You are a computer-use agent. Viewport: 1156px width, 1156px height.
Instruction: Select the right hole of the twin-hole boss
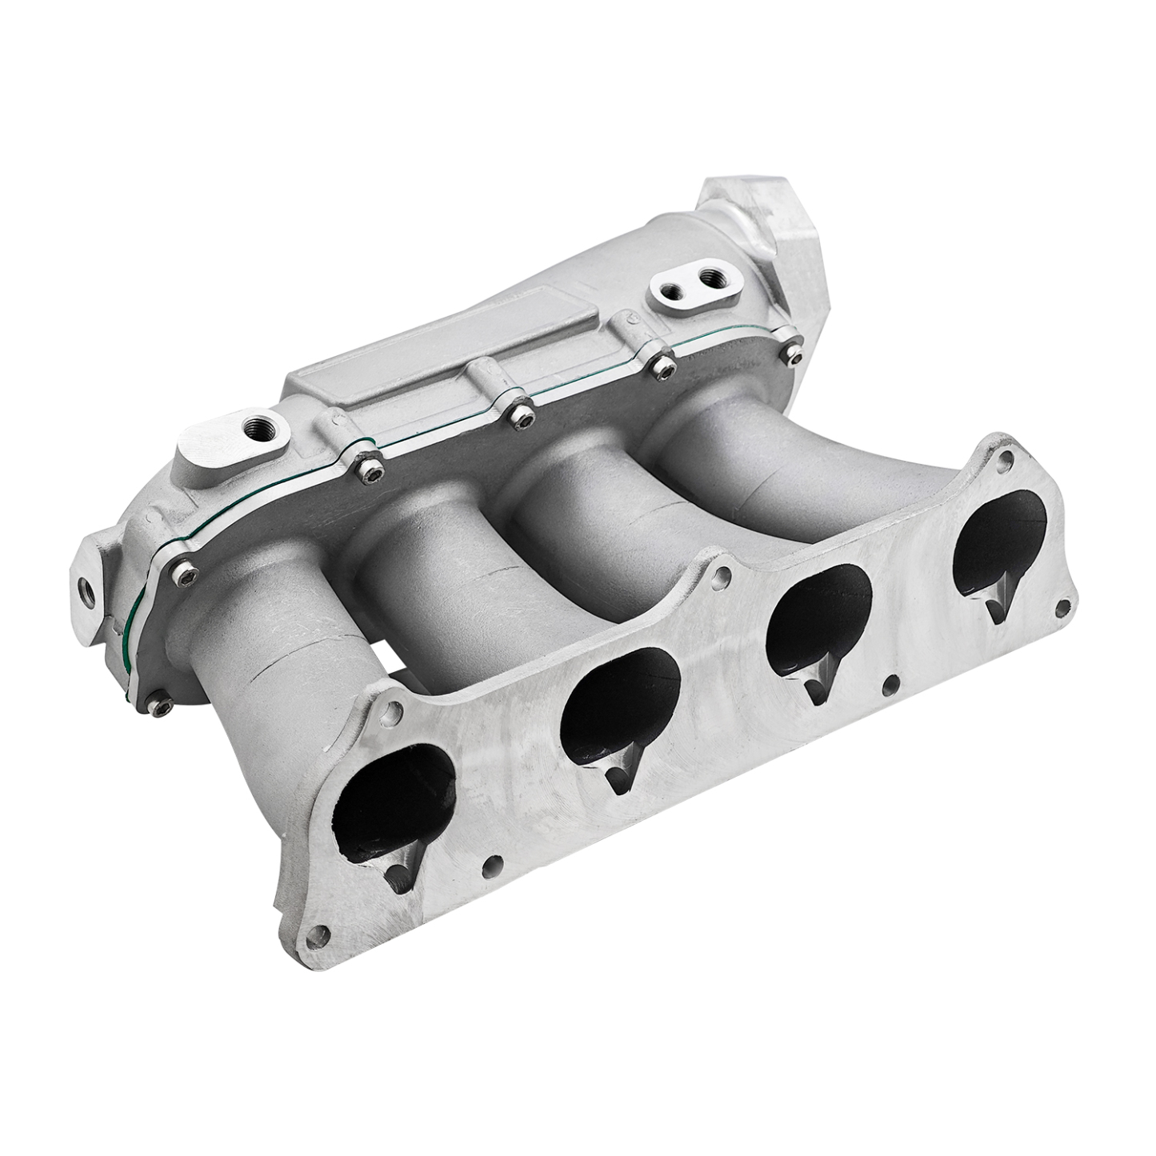(709, 279)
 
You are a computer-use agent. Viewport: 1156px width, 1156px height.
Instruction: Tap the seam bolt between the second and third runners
(519, 412)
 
